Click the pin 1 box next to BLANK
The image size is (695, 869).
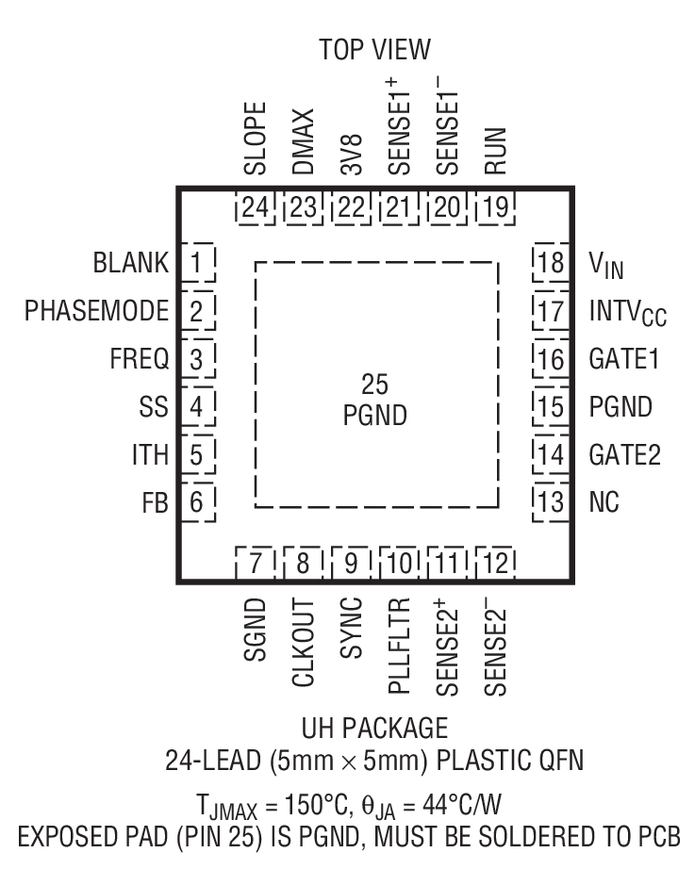[x=196, y=262]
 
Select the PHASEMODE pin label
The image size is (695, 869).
[x=97, y=311]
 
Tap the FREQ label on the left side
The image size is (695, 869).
[x=138, y=359]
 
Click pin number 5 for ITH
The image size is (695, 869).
[x=196, y=455]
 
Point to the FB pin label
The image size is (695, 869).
[x=155, y=503]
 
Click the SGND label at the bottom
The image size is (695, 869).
[x=255, y=630]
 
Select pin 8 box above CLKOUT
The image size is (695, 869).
[x=303, y=564]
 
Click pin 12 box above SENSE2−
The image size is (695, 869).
[x=496, y=564]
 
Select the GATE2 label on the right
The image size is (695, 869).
[x=624, y=455]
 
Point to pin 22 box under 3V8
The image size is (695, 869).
[x=351, y=209]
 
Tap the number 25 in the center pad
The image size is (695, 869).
[x=374, y=384]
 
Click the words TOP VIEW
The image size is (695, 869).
[x=374, y=50]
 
